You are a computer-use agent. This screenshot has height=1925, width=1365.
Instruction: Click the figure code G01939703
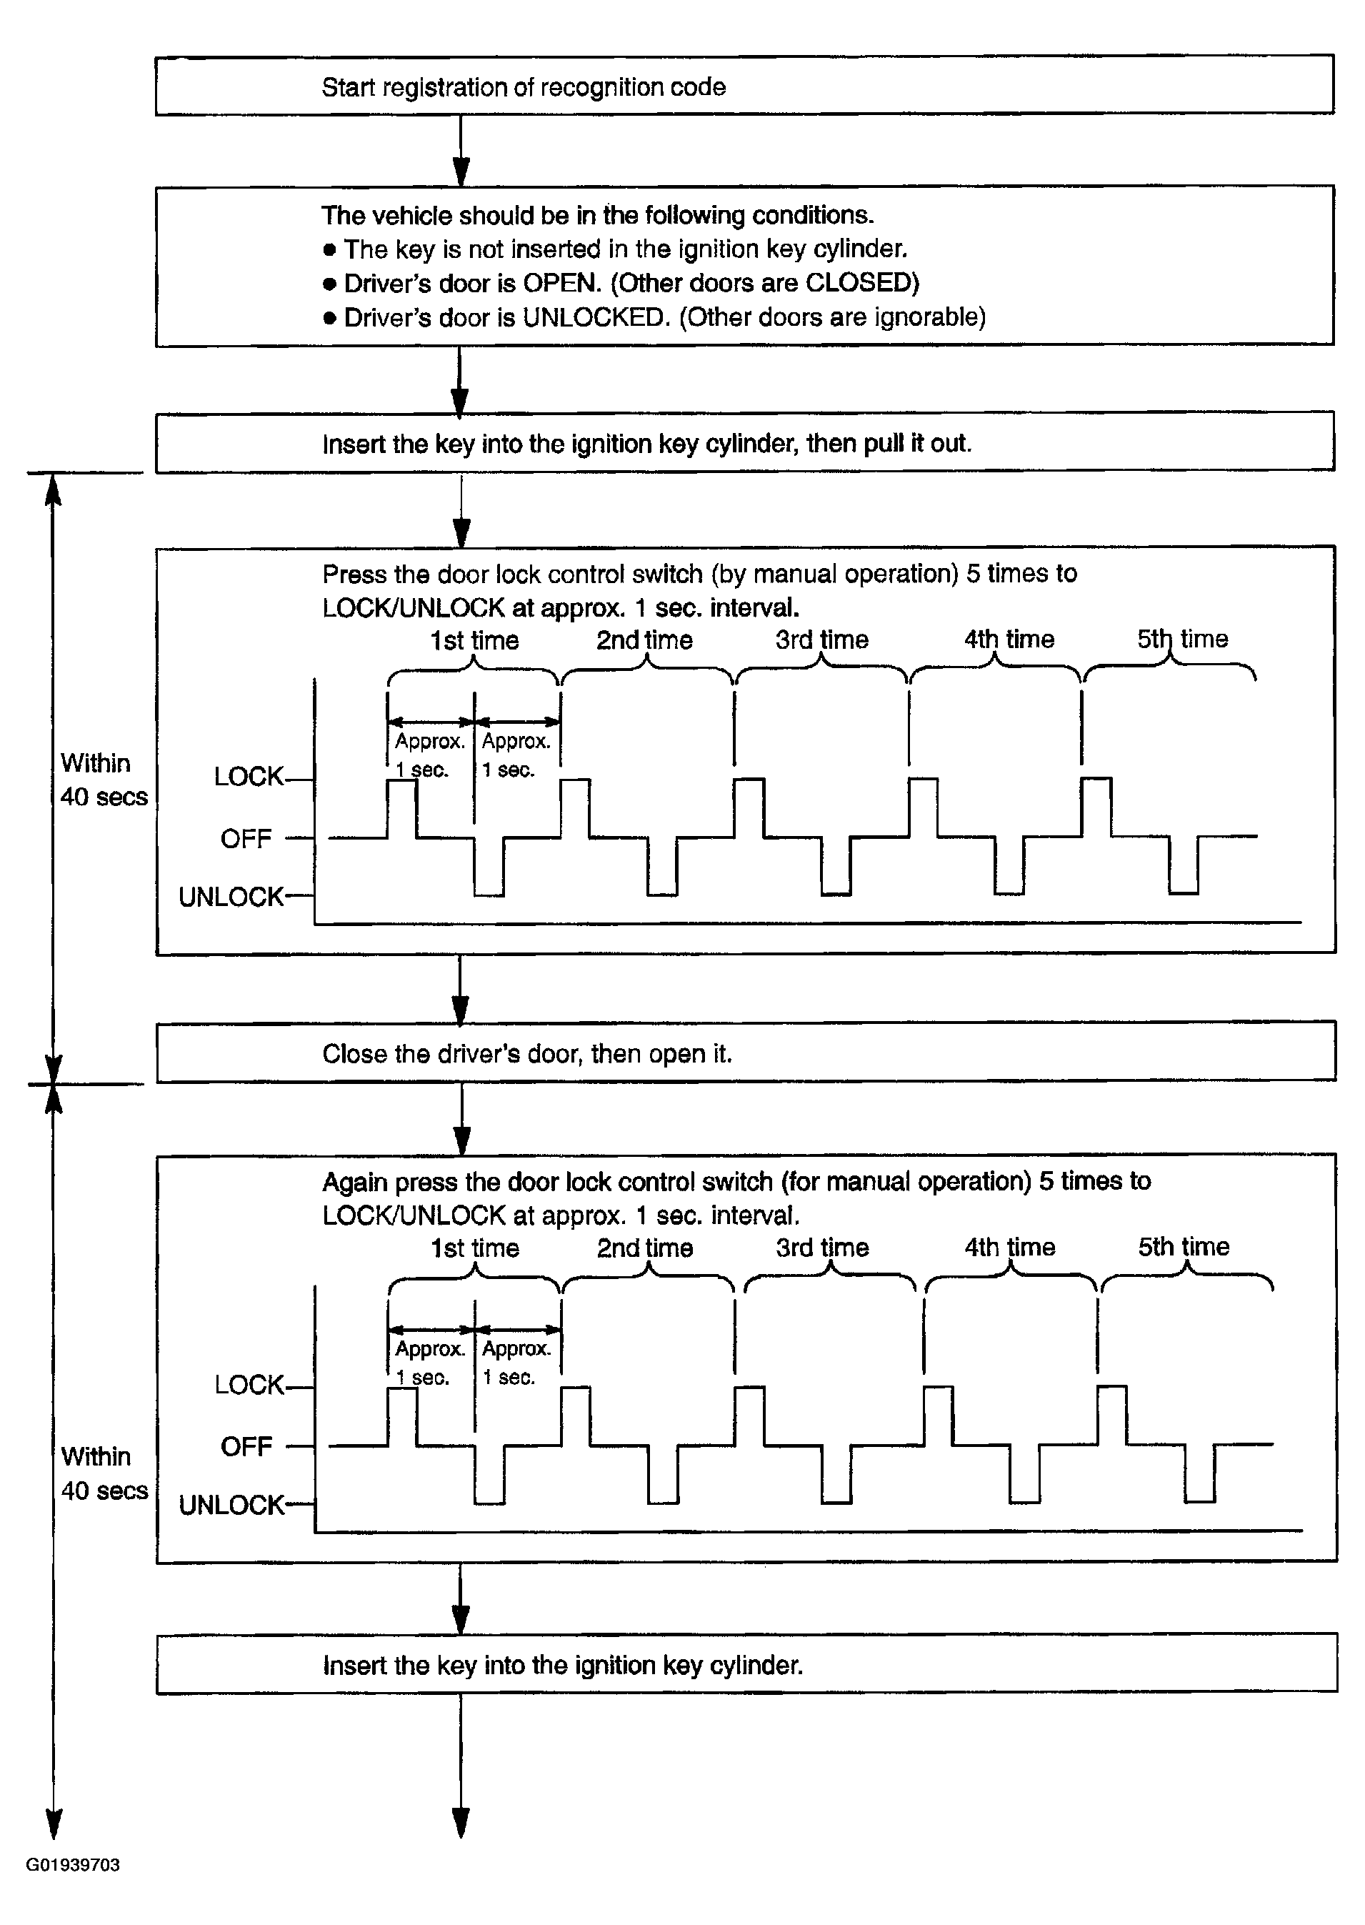73,1864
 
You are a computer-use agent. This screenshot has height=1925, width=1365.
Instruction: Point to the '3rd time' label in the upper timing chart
822,640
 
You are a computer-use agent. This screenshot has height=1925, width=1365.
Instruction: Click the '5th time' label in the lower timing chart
1184,1247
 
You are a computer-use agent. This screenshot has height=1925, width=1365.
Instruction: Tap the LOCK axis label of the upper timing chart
249,776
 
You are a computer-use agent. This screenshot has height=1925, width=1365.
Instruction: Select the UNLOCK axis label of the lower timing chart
232,1505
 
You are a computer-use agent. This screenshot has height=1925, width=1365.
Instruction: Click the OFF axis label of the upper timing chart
246,838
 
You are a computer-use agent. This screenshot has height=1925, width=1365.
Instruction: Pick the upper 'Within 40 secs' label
104,780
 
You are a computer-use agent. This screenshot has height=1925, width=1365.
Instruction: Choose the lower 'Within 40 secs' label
104,1473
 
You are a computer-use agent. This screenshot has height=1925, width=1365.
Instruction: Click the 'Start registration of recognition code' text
524,87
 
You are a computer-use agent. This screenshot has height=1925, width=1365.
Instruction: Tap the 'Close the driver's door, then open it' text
527,1053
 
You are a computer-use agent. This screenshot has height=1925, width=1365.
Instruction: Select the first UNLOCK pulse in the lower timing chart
489,1474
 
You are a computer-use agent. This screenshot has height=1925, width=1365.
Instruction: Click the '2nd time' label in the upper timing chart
645,640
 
